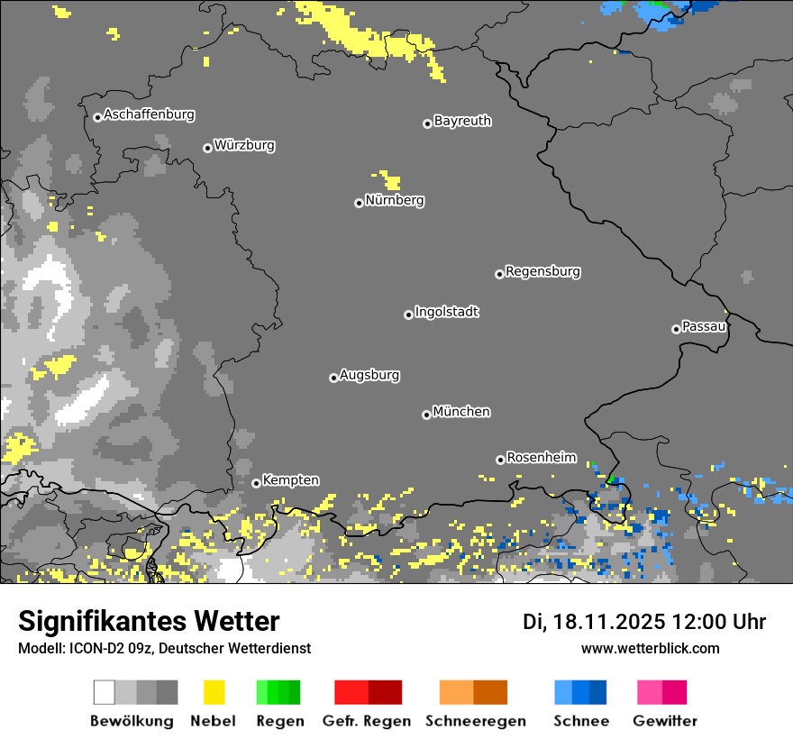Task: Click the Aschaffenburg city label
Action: [x=149, y=115]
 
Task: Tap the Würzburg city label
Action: [x=244, y=145]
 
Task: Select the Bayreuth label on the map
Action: [x=462, y=121]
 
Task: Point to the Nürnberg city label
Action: [x=395, y=200]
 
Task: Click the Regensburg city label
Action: [x=542, y=271]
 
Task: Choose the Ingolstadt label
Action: [x=447, y=312]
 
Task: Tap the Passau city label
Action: [x=705, y=326]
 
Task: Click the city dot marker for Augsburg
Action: [x=333, y=378]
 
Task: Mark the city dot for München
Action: [x=426, y=415]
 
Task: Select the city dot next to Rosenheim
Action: [x=500, y=460]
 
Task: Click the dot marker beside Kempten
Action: [x=256, y=483]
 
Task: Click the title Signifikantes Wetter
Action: [x=149, y=622]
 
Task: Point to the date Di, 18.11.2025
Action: [x=594, y=622]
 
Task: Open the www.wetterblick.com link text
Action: [x=650, y=648]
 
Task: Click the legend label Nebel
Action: [x=213, y=721]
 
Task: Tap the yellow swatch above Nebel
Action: [x=214, y=692]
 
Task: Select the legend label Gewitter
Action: [x=665, y=721]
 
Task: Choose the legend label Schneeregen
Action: [x=476, y=721]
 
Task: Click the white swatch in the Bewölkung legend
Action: [x=105, y=692]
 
